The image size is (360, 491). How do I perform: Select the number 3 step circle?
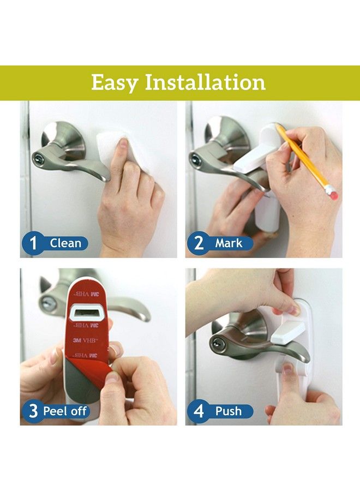pyautogui.click(x=33, y=411)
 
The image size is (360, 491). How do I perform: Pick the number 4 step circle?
pyautogui.click(x=199, y=411)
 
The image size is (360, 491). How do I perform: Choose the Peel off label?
pyautogui.click(x=64, y=411)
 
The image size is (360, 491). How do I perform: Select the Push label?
pyautogui.click(x=229, y=411)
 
